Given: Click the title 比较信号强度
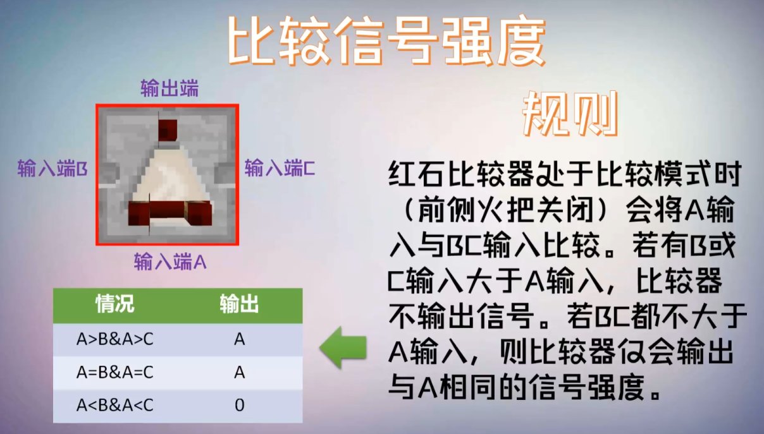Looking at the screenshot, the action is [386, 41].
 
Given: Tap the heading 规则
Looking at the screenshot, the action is [570, 114].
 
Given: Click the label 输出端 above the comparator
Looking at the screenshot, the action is [169, 88].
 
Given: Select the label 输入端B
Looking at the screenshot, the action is [52, 168].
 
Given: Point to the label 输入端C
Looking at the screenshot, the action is [280, 167].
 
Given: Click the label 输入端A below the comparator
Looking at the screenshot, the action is [170, 262].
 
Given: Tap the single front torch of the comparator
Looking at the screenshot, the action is [168, 130].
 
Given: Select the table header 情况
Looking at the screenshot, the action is [115, 303].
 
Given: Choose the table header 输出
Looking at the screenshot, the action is [239, 303].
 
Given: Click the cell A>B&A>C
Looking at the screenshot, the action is [115, 339].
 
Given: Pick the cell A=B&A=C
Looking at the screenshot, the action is [115, 372].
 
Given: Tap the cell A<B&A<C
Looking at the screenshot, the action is [115, 405].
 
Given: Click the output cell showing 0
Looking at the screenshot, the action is [240, 405].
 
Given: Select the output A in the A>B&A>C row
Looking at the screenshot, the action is [240, 339].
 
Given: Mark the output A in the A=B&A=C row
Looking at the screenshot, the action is [240, 372].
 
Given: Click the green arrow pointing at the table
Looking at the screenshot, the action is [343, 347].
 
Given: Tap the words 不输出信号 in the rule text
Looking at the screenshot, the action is [461, 316].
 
